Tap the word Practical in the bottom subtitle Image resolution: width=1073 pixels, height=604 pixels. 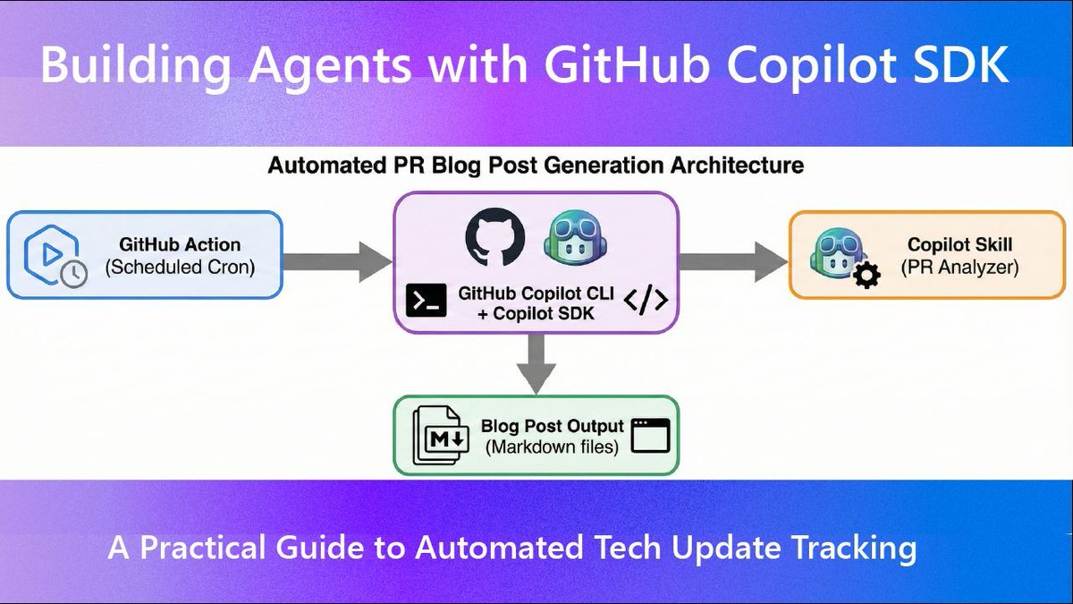[x=224, y=547]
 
